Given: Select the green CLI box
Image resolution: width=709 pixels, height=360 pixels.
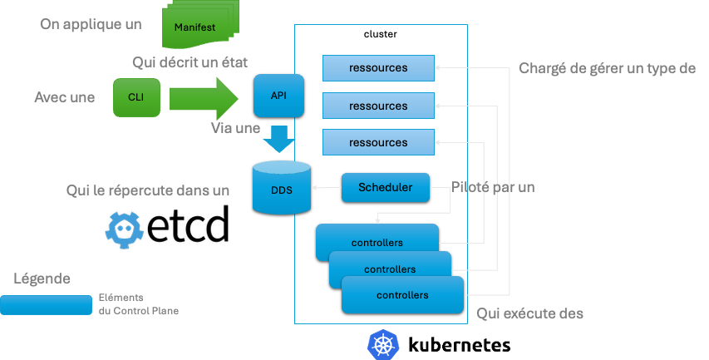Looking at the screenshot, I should [135, 97].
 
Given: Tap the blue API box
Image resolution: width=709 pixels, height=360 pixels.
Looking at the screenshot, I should [279, 96].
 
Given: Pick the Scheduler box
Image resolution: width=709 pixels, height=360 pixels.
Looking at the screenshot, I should [385, 187].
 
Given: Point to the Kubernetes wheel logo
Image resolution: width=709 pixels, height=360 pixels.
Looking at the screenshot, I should [383, 344].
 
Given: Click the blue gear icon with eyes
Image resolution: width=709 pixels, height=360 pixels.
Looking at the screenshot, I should [125, 228].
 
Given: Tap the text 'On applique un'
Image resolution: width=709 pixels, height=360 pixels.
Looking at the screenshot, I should [91, 24].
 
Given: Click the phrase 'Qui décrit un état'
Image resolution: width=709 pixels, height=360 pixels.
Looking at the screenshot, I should [190, 63].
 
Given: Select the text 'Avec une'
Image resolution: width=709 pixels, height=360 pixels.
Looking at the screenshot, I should [64, 97].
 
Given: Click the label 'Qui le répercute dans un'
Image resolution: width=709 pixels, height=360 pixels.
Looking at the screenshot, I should [147, 190].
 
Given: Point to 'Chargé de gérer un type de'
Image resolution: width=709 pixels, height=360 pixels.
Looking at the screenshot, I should [607, 68].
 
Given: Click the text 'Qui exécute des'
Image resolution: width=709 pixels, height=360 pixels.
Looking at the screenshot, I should [530, 313].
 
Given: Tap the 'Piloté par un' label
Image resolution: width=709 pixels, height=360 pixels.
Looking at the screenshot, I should [493, 187].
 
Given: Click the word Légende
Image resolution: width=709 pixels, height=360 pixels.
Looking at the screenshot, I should [42, 279].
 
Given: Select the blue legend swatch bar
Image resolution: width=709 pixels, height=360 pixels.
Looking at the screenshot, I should [47, 304].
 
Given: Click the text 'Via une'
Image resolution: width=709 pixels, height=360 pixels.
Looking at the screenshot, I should [235, 129].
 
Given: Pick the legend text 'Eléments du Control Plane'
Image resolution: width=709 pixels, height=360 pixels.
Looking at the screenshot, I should [138, 304].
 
